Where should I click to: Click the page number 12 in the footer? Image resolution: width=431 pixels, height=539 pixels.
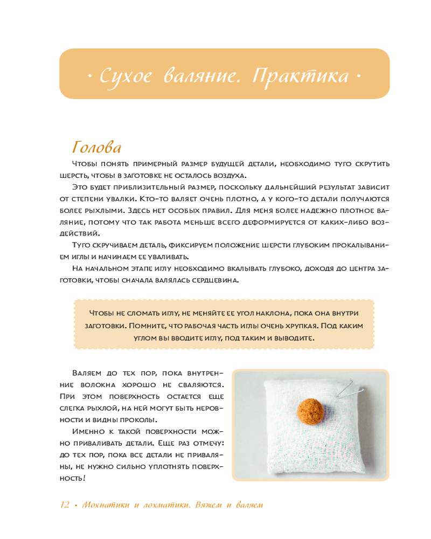[x=65, y=505]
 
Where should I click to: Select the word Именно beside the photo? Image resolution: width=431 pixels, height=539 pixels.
[x=89, y=432]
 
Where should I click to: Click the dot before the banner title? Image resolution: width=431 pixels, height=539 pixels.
[x=89, y=76]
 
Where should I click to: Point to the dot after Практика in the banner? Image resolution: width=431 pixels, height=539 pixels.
[x=357, y=76]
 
